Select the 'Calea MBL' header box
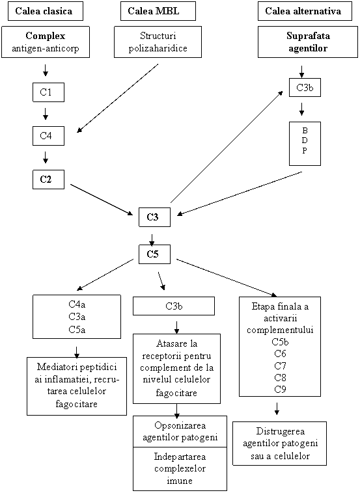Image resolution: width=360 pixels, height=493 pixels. pos(158,11)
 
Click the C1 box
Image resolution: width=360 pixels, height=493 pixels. pos(48,92)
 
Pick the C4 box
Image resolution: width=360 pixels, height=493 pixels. pos(48,136)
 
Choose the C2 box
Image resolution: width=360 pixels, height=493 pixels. pos(48,180)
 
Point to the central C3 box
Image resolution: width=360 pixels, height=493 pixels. pos(154,217)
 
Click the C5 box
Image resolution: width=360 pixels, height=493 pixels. pos(154,254)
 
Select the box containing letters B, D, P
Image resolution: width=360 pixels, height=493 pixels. pos(305,143)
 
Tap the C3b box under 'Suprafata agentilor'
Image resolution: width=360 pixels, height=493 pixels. pos(305,87)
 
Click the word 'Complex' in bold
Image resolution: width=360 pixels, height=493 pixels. pos(46,36)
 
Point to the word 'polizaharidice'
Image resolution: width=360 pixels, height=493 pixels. pos(158,48)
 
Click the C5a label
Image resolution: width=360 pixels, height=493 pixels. pos(77,330)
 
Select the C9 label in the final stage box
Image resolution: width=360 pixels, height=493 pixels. pos(280,389)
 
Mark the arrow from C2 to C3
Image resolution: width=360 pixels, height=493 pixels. pos(102,200)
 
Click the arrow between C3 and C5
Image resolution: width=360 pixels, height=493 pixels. pos(152,239)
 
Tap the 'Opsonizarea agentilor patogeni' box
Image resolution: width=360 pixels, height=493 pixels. pos(180,431)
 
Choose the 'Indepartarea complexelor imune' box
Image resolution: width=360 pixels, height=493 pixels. pos(180,469)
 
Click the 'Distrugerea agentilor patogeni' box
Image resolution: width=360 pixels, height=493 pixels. pos(280,444)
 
